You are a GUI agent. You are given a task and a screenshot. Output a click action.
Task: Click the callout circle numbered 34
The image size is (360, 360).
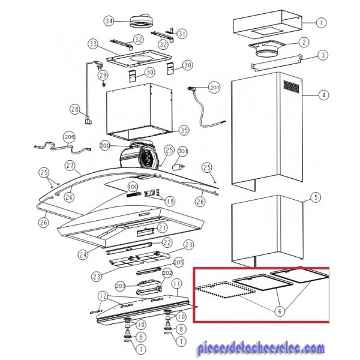click(x=109, y=22)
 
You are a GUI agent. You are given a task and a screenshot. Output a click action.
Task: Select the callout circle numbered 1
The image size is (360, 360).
click(x=321, y=23)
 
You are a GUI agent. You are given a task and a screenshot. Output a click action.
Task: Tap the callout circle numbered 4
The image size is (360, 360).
click(x=324, y=95)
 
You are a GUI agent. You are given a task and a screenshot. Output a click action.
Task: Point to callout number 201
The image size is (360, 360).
click(x=214, y=88)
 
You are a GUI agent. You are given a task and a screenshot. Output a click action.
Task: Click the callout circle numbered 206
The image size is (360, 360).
click(x=69, y=137)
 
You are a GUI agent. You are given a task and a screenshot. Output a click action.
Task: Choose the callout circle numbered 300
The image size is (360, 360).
click(x=105, y=146)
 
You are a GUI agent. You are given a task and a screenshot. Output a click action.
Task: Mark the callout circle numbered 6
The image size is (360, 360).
click(x=280, y=311)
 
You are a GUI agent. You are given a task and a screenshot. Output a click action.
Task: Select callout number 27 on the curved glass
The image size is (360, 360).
click(x=70, y=166)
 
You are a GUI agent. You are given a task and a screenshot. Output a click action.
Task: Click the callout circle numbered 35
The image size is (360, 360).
click(x=184, y=130)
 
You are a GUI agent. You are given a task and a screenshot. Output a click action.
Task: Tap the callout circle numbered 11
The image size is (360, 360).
click(x=176, y=284)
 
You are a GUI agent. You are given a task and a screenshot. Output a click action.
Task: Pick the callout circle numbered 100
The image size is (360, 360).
click(x=133, y=187)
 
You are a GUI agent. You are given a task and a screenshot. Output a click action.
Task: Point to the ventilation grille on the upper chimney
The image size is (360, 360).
click(x=292, y=86)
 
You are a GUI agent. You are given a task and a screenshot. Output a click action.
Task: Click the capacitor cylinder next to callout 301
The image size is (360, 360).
click(x=178, y=167)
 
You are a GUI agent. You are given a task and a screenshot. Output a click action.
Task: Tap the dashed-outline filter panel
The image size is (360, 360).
click(x=225, y=289)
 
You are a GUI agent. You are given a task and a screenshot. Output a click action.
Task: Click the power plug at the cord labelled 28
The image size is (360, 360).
click(x=88, y=121)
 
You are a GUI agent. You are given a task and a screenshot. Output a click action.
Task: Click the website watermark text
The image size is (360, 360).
click(x=261, y=349)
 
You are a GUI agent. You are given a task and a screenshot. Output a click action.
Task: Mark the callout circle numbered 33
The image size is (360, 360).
click(x=94, y=44)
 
